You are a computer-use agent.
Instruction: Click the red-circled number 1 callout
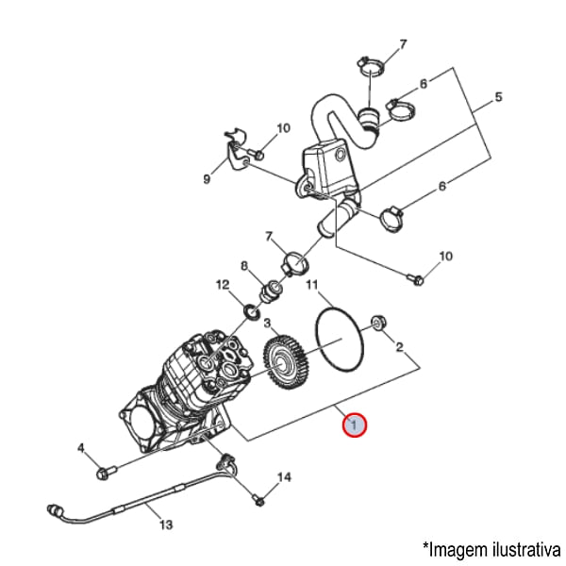(x=353, y=426)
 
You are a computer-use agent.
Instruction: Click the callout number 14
(x=284, y=478)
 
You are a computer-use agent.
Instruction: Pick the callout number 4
(x=81, y=447)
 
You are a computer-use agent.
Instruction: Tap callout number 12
(x=223, y=284)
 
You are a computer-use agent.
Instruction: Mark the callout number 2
(x=399, y=348)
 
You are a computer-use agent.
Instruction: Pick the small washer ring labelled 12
(x=250, y=311)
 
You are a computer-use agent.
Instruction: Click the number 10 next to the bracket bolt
(x=284, y=128)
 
